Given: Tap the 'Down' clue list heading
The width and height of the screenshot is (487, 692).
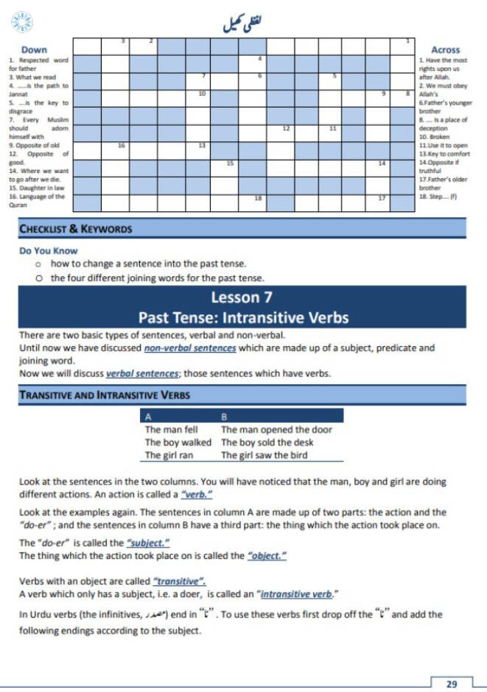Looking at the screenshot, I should (34, 50).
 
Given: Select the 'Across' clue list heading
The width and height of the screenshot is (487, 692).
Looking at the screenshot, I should (446, 50).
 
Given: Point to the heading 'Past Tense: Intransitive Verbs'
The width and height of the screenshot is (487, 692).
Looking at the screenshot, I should (243, 318).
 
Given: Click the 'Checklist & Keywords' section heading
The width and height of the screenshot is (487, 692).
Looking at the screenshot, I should (75, 229).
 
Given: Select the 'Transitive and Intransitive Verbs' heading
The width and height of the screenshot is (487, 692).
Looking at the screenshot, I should (105, 395).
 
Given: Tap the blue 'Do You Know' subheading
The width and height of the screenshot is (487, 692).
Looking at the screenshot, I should (48, 251).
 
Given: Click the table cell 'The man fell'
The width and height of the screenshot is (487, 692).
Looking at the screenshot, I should (171, 429).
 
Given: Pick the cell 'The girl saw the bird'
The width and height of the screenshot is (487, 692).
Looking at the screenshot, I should (264, 455).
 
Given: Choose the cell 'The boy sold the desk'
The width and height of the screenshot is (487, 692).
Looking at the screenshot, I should (267, 442).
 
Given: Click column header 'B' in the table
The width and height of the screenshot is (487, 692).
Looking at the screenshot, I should (225, 417).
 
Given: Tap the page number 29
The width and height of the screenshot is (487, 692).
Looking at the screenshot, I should (452, 684).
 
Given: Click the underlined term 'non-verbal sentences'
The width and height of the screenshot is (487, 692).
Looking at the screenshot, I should (190, 348).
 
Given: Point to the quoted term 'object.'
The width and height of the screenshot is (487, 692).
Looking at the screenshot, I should (267, 556).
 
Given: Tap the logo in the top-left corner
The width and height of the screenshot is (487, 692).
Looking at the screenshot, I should (22, 21).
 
